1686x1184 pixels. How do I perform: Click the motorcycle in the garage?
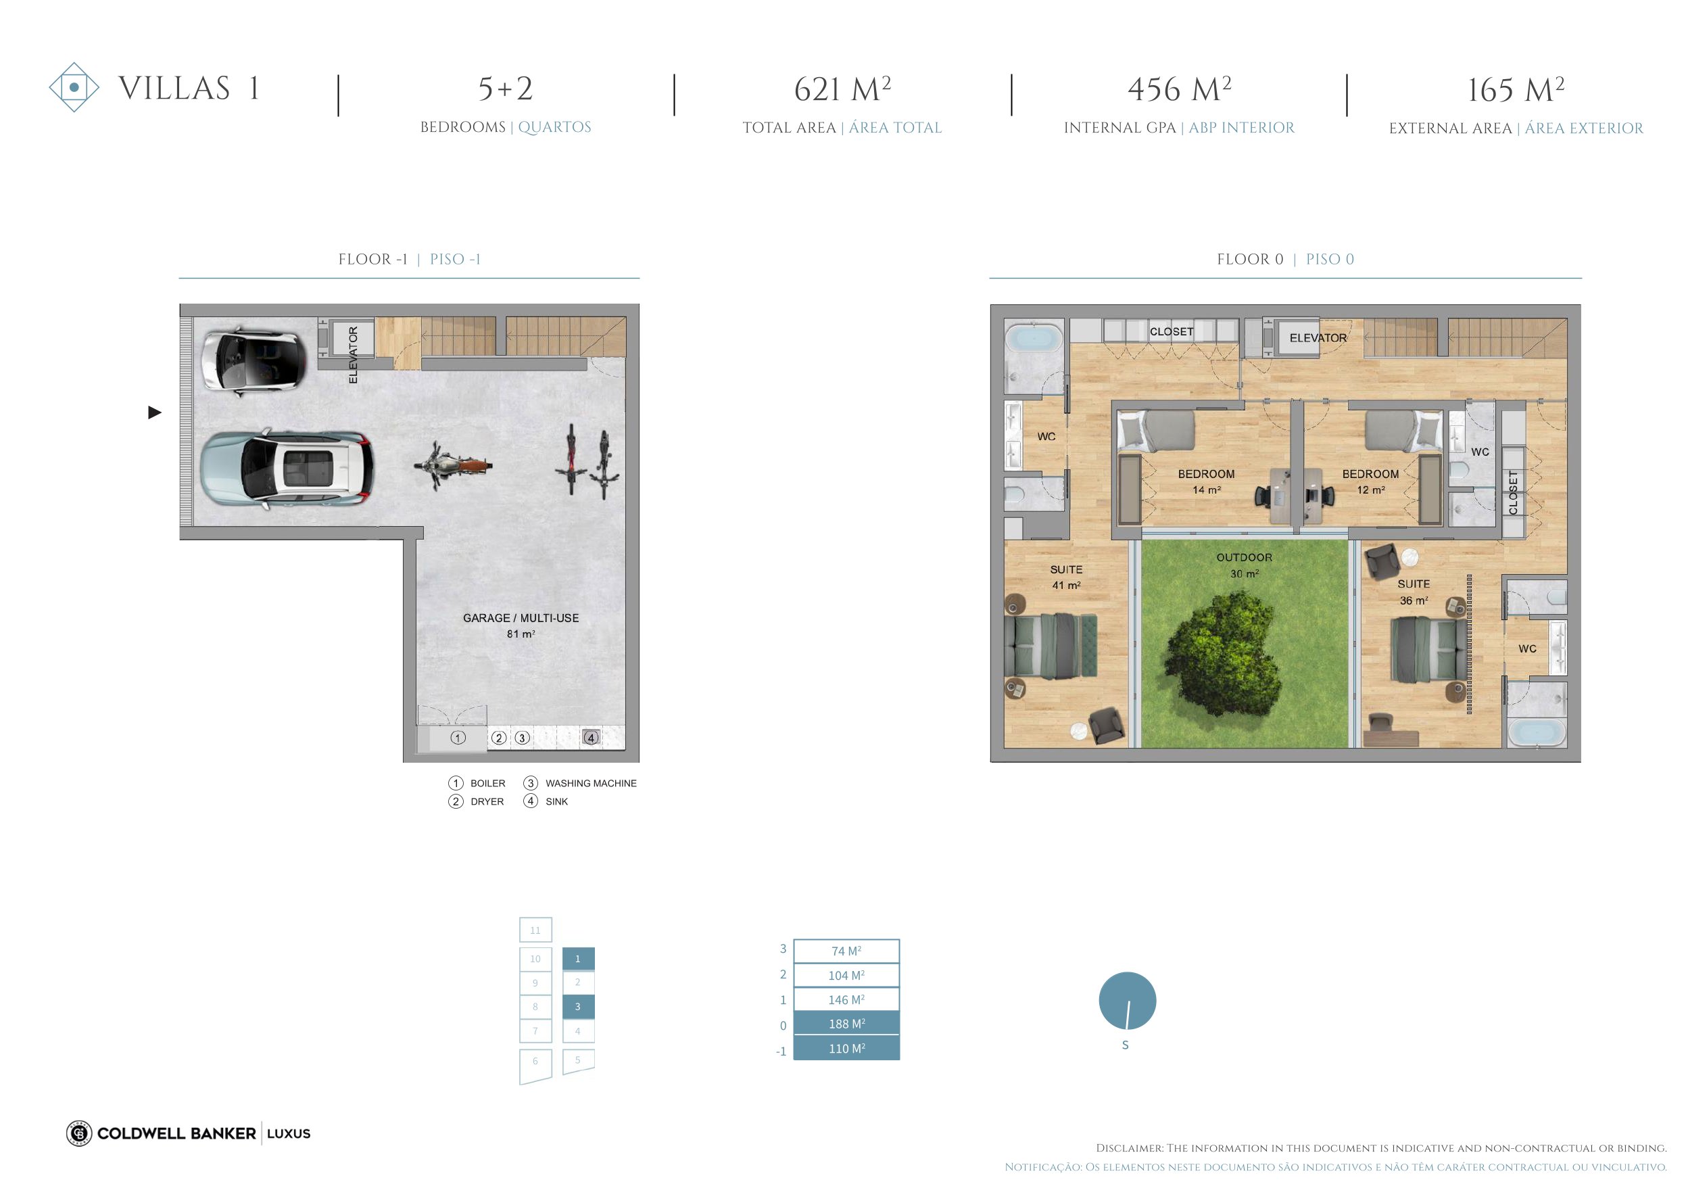pos(452,465)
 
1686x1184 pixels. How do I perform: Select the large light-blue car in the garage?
pos(287,469)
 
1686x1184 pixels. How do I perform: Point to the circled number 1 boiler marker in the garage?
pos(458,738)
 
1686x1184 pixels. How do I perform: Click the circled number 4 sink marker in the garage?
pos(590,738)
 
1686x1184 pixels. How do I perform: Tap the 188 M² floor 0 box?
pos(846,1023)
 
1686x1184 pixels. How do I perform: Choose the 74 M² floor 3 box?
pos(846,951)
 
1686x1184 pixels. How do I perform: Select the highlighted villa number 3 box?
pos(578,1006)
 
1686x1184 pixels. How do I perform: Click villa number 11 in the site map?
pos(535,930)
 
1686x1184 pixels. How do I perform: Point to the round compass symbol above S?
pos(1127,1000)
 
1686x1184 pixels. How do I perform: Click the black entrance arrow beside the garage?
pos(154,412)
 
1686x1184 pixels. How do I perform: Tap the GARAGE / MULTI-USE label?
pos(521,618)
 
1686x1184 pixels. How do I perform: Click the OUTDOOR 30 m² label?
pos(1244,565)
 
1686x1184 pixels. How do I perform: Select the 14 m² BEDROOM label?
pos(1206,481)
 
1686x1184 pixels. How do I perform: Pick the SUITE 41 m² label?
pos(1066,577)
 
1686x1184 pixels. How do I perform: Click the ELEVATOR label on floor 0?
pos(1318,338)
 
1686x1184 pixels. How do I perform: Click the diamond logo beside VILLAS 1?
pos(74,87)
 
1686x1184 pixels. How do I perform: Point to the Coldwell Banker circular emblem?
pos(78,1133)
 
